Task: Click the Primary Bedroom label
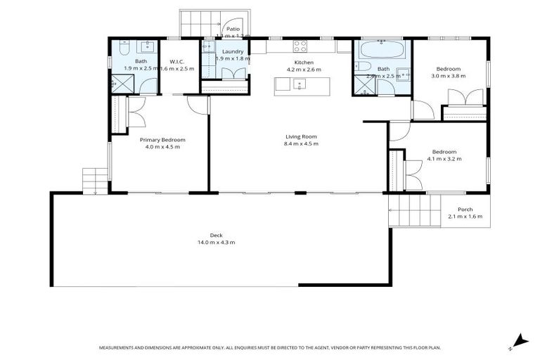pyautogui.click(x=157, y=140)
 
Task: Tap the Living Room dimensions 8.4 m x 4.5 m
pyautogui.click(x=301, y=144)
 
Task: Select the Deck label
pyautogui.click(x=216, y=236)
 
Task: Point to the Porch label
pyautogui.click(x=465, y=210)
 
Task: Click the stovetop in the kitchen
pyautogui.click(x=300, y=46)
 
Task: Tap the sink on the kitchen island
pyautogui.click(x=300, y=84)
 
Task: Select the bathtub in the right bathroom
pyautogui.click(x=382, y=50)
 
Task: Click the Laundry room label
pyautogui.click(x=232, y=52)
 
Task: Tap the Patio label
pyautogui.click(x=232, y=29)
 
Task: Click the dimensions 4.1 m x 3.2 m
pyautogui.click(x=444, y=159)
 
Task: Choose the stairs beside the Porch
pyautogui.click(x=415, y=210)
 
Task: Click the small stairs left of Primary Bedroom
pyautogui.click(x=94, y=181)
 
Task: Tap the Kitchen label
pyautogui.click(x=303, y=63)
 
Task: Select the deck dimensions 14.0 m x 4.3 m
pyautogui.click(x=216, y=243)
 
